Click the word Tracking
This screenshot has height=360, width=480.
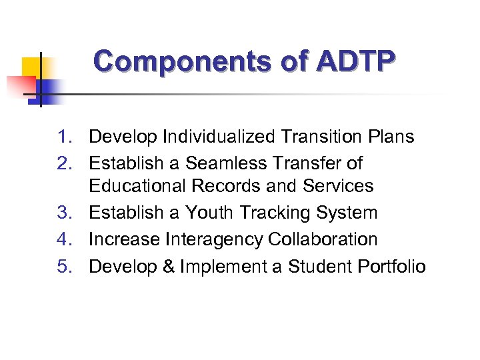(277, 213)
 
